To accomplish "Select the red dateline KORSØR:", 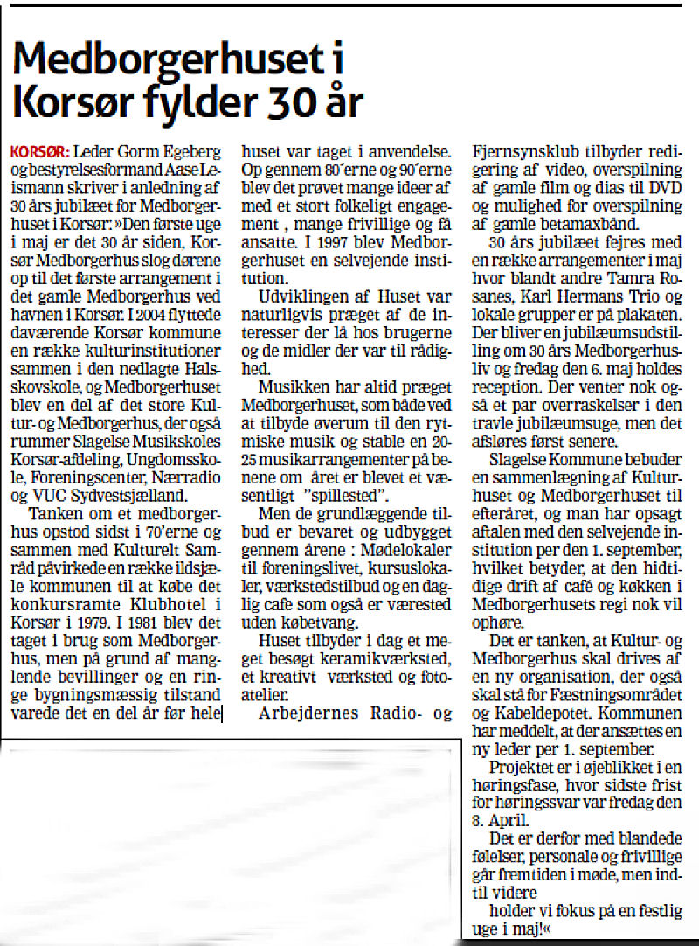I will point(37,150).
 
